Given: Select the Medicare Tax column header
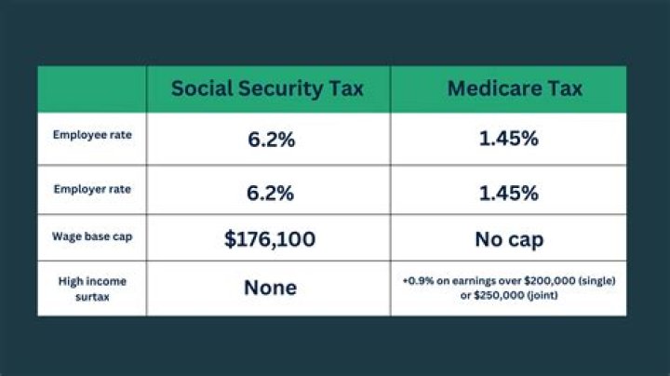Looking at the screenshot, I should [515, 89].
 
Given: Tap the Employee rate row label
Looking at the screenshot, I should [92, 135].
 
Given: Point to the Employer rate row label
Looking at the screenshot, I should [92, 189].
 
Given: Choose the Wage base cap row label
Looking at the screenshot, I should [92, 237].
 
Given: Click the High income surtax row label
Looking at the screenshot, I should [92, 288].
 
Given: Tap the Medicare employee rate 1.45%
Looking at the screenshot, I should [508, 140].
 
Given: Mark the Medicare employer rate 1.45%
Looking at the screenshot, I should [508, 194].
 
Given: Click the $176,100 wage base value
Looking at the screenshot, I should [270, 240].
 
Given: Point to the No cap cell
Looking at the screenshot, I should [508, 240].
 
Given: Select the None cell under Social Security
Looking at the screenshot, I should [270, 289].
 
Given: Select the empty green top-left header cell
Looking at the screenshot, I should [92, 89].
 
